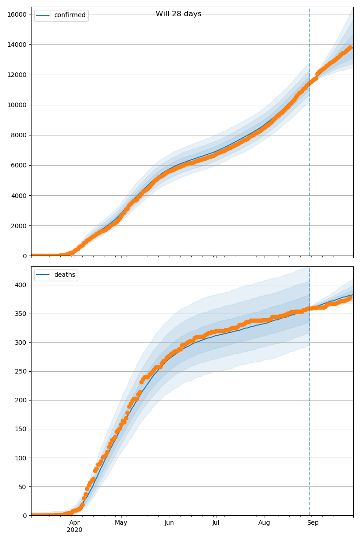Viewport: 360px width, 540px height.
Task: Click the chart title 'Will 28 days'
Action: click(x=178, y=14)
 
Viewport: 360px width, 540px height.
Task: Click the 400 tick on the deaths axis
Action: click(x=21, y=285)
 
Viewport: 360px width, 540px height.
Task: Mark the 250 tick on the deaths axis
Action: click(x=21, y=371)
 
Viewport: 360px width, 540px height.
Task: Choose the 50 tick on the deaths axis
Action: click(x=22, y=486)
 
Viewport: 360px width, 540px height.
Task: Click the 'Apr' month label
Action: click(x=74, y=522)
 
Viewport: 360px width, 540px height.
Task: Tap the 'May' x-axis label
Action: click(x=121, y=522)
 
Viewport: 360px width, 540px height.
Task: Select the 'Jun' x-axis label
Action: click(x=169, y=522)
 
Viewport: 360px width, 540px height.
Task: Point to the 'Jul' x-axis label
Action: click(x=216, y=522)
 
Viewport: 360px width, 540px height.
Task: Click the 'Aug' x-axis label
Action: click(x=264, y=522)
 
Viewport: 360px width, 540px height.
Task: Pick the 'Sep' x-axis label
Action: click(x=313, y=522)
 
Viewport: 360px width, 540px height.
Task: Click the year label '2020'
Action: click(x=74, y=530)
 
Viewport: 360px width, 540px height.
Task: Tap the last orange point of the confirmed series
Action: click(x=350, y=48)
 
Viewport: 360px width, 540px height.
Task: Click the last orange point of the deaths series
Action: click(x=350, y=297)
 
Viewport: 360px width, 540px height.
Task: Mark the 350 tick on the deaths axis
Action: click(x=21, y=314)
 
